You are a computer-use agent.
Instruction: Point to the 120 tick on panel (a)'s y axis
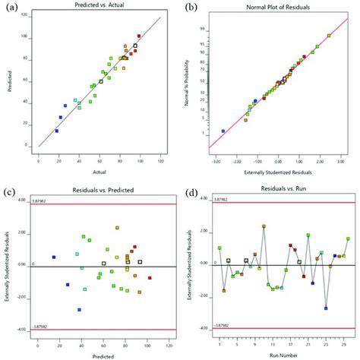[31, 16]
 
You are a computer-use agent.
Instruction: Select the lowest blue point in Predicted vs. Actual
[56, 131]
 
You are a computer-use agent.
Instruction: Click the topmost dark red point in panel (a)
[139, 36]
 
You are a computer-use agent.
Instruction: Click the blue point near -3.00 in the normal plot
[223, 131]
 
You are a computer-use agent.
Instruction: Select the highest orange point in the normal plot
[329, 35]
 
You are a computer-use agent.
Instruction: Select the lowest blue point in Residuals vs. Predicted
[79, 309]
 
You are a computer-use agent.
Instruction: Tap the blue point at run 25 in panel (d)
[326, 308]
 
